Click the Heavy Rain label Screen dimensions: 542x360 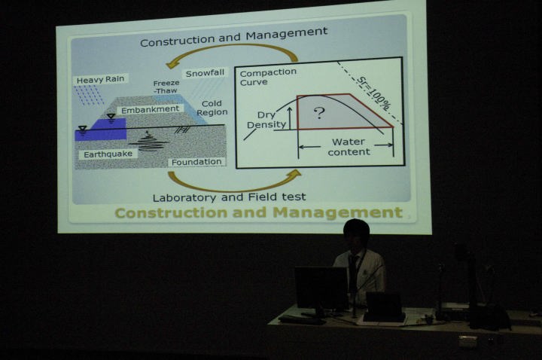101,80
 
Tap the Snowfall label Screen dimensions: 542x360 205,73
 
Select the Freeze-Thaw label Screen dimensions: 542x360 166,87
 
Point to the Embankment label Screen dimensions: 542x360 151,110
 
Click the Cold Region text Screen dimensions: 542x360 212,108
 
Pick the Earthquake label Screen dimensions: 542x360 108,154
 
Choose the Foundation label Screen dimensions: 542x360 196,162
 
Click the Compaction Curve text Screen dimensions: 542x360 268,77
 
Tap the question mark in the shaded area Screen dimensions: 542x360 320,113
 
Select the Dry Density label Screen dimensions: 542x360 266,120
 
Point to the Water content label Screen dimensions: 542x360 349,147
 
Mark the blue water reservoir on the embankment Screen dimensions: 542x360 102,129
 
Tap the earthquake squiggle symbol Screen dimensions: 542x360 148,142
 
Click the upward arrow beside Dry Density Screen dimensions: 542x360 290,117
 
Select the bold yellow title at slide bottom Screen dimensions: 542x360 258,212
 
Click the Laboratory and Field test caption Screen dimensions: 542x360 229,197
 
